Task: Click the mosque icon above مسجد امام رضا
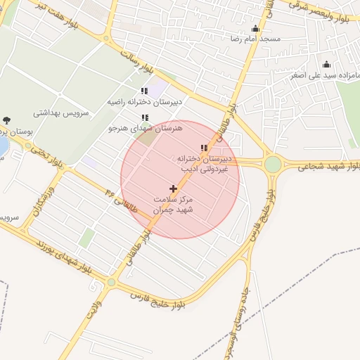pyautogui.click(x=255, y=29)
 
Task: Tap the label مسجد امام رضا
pyautogui.click(x=243, y=39)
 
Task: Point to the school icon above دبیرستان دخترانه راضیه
pyautogui.click(x=144, y=91)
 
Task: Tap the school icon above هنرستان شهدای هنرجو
pyautogui.click(x=145, y=117)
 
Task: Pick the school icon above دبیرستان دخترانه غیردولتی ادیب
pyautogui.click(x=204, y=148)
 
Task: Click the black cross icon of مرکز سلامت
pyautogui.click(x=173, y=188)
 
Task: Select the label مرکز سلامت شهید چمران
pyautogui.click(x=173, y=205)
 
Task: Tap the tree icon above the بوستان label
pyautogui.click(x=7, y=120)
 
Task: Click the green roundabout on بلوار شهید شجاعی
pyautogui.click(x=273, y=164)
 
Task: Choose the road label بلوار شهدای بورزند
pyautogui.click(x=63, y=257)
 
